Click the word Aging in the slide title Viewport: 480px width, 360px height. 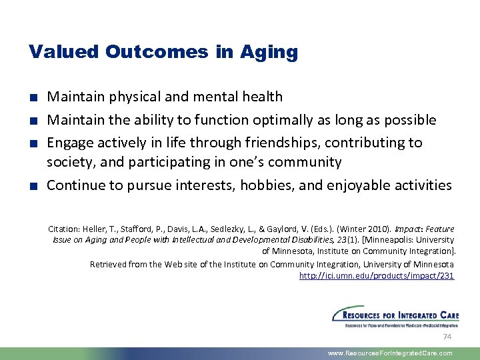(272, 53)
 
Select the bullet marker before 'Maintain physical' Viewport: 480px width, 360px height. (33, 97)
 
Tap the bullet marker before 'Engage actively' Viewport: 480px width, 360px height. (33, 143)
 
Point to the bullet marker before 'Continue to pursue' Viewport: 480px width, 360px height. (33, 186)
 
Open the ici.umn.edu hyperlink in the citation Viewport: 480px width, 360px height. (377, 276)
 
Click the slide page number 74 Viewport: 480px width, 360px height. (447, 337)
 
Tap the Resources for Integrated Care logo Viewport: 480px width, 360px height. (395, 316)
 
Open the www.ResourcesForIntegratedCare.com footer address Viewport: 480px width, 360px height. (390, 353)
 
